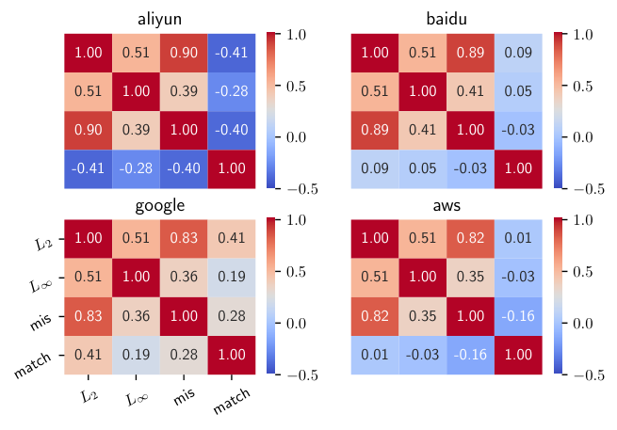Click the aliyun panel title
tap(159, 19)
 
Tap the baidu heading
tap(447, 19)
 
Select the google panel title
tap(160, 205)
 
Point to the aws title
tap(447, 205)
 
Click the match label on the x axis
tap(232, 401)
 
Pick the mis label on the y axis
tap(41, 322)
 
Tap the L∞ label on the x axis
tap(137, 399)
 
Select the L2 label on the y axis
tap(43, 244)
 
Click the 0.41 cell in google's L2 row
tap(232, 238)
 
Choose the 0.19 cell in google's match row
tap(136, 355)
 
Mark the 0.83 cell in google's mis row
tap(89, 316)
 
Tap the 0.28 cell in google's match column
tap(232, 316)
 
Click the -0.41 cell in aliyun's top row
tap(232, 53)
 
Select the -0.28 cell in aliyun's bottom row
tap(136, 169)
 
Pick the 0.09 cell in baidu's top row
tap(518, 53)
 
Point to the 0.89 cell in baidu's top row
tap(470, 53)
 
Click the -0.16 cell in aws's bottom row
tap(470, 355)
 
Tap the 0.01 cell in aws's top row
tap(518, 238)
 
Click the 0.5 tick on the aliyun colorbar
tap(296, 86)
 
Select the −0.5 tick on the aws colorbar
tap(589, 375)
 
